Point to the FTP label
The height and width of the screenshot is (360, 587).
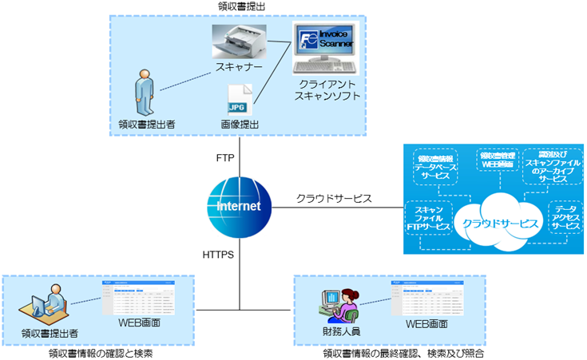click(x=225, y=158)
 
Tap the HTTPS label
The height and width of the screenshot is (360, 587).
click(x=218, y=255)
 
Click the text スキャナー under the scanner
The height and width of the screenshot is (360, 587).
click(x=239, y=68)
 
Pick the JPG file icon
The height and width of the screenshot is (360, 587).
click(x=240, y=100)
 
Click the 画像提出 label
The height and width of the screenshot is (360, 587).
click(x=240, y=125)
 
